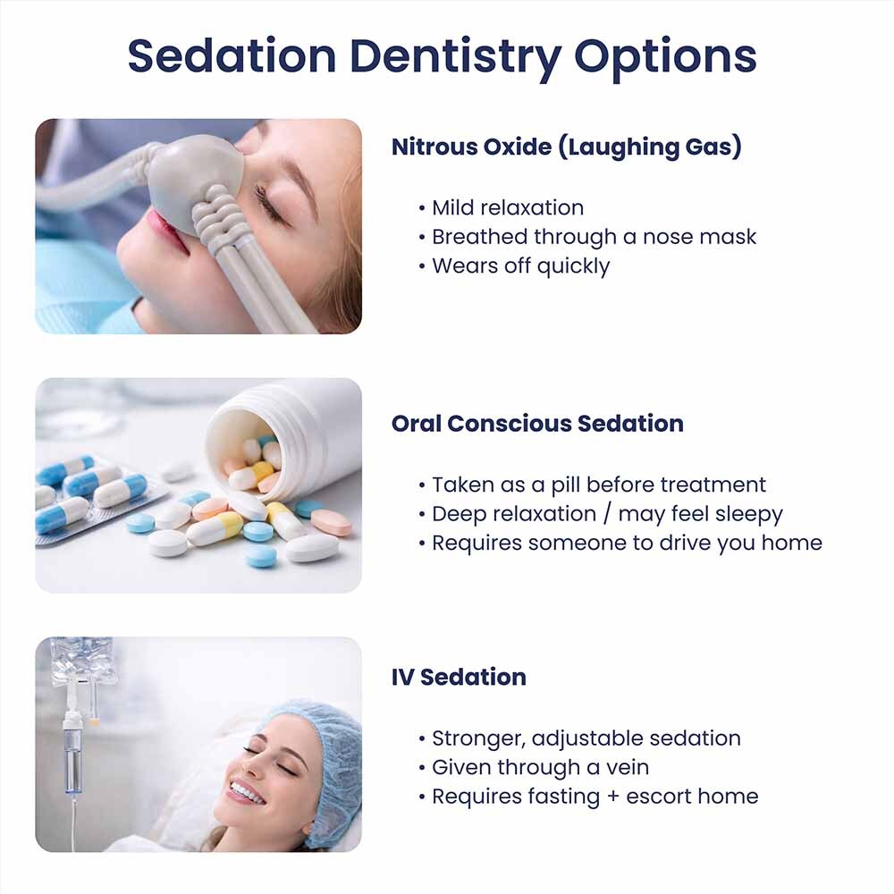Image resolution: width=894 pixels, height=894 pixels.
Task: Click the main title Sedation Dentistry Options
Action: [x=442, y=55]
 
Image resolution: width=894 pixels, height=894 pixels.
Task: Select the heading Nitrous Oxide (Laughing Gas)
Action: [x=567, y=147]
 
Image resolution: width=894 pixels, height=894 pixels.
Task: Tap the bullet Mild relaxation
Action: [x=506, y=208]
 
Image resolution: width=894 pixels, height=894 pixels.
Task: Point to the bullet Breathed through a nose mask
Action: [x=593, y=237]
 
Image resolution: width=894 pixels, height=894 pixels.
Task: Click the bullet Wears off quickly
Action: [x=519, y=266]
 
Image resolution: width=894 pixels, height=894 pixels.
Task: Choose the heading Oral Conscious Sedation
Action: [x=537, y=424]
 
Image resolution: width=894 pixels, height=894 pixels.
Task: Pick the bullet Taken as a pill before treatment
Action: [x=598, y=485]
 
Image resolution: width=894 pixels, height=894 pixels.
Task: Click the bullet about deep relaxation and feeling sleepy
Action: [x=606, y=514]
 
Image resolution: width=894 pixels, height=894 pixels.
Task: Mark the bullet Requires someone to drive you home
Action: [x=626, y=544]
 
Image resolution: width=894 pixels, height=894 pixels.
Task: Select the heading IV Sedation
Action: [x=459, y=678]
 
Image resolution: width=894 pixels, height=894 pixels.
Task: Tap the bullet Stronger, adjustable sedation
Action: [x=586, y=738]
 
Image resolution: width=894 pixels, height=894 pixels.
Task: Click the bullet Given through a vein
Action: [x=539, y=767]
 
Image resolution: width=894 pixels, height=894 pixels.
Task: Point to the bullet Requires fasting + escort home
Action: [x=594, y=797]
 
